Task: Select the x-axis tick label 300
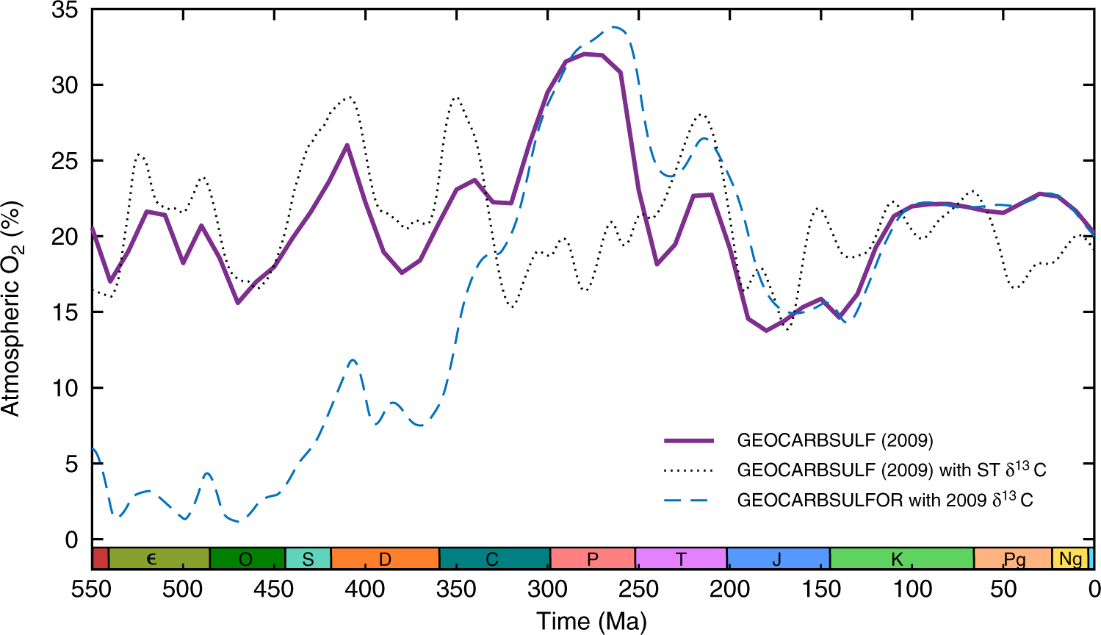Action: coord(547,589)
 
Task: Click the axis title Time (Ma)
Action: coord(591,621)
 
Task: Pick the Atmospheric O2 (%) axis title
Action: coord(12,309)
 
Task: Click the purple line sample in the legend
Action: coord(689,441)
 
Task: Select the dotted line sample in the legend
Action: coord(689,470)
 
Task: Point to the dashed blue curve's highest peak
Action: coord(616,28)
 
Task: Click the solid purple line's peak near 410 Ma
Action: coord(347,145)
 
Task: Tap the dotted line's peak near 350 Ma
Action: coord(456,97)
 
